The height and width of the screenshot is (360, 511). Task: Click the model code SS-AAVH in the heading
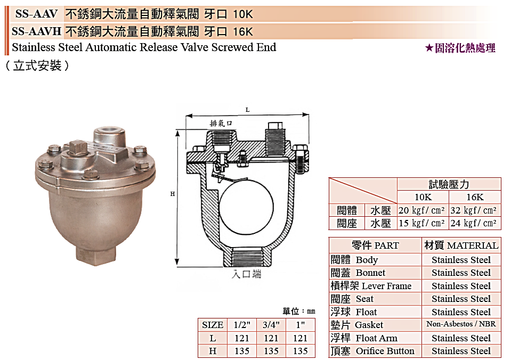[36, 31]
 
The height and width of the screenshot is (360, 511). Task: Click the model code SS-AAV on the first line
[36, 14]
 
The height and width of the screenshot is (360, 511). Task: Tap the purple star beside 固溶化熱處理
[429, 48]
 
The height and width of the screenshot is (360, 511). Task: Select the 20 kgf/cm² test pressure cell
[423, 210]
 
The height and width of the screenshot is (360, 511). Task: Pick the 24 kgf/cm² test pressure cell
[474, 224]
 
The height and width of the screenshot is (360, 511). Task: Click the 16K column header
[474, 197]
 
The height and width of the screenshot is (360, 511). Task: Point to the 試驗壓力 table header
[449, 184]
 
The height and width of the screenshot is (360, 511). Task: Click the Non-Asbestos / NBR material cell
[461, 324]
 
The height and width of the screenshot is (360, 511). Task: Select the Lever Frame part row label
[371, 286]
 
